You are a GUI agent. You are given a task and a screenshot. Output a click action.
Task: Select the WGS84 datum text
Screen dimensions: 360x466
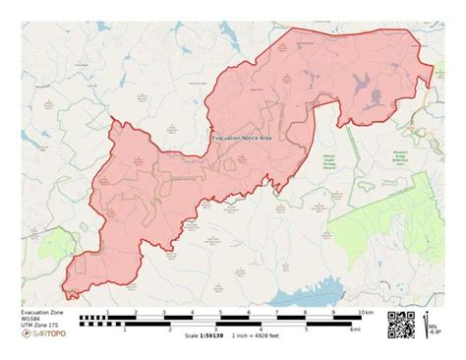point(33,318)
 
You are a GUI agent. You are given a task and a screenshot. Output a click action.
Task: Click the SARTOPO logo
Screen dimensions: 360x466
point(43,335)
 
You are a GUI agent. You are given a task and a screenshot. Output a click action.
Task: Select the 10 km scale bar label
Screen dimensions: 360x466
point(366,312)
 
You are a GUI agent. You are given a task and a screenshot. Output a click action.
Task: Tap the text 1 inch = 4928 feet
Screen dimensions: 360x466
point(259,336)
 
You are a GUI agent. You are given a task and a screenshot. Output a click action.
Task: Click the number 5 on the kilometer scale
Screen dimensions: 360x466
point(221,312)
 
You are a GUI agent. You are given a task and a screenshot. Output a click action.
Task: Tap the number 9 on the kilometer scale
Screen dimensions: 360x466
point(334,312)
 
